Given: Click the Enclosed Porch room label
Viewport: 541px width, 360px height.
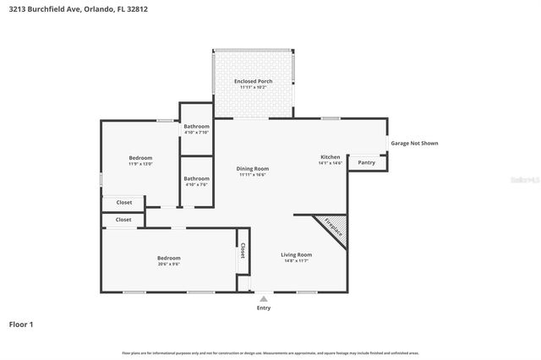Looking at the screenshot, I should point(253,81).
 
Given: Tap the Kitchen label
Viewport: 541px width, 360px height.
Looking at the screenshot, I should point(330,157).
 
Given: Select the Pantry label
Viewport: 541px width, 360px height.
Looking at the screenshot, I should point(366,162).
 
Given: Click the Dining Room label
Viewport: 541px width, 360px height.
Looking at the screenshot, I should point(252,168).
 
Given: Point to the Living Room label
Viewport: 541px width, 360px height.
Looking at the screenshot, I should point(297,254).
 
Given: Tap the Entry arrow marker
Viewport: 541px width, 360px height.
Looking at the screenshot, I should point(264,298).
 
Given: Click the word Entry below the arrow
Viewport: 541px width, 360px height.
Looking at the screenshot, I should point(264,308).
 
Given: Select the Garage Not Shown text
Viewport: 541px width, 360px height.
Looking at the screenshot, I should point(414,143).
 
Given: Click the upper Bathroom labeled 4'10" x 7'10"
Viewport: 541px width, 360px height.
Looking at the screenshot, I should point(196,126).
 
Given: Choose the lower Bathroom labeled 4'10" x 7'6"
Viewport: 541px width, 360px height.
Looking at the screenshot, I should point(196,178).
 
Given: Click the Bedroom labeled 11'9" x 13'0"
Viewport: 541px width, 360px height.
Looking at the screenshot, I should point(140,158).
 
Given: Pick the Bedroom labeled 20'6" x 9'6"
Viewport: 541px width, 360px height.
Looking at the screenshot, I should point(168,258).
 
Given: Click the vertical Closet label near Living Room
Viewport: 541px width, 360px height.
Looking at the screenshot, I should point(243,250).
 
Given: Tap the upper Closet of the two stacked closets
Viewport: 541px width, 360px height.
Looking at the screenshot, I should point(123,202).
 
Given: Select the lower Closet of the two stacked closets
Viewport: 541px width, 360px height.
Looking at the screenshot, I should point(123,220).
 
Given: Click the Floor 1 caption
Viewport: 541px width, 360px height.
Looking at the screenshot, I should point(21,324).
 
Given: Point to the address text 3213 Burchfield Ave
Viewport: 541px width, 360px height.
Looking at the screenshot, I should point(42,10).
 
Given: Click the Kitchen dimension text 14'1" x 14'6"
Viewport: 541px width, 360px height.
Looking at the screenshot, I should point(330,163).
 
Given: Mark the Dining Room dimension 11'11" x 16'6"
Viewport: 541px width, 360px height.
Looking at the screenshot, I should point(252,174).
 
